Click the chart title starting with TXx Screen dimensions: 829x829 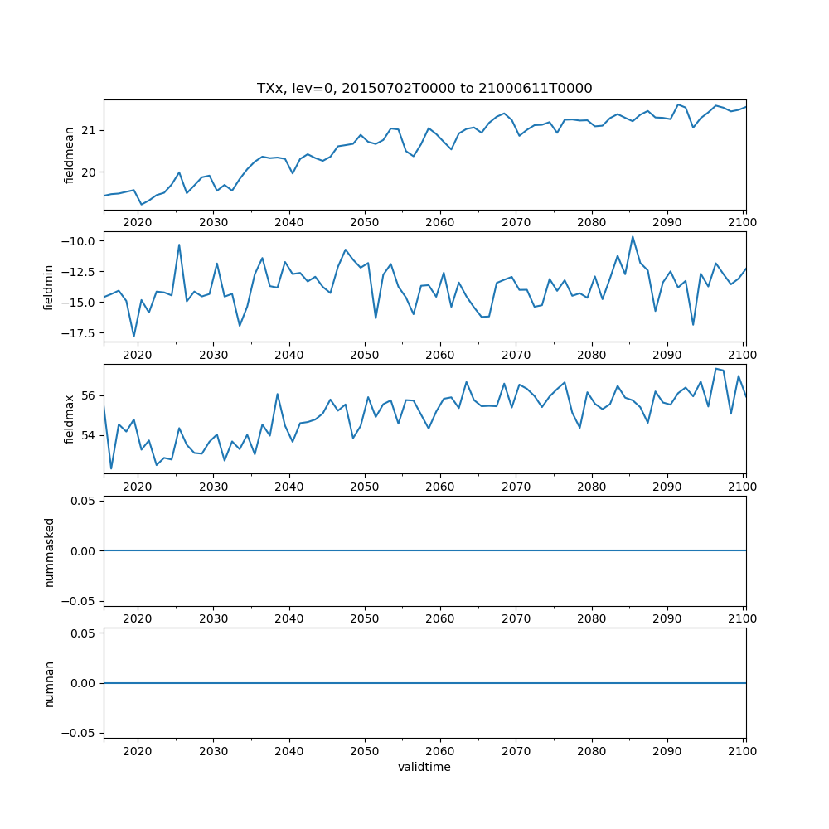[424, 89]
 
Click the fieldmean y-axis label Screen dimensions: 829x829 [70, 155]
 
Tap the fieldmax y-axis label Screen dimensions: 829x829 [70, 419]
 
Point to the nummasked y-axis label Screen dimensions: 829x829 [50, 550]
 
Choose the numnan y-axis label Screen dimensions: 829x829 [50, 683]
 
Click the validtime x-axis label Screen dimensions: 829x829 [424, 768]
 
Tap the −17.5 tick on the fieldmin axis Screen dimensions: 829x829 [80, 333]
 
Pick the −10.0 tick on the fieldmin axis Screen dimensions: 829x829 [80, 240]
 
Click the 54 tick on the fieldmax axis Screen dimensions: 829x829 [87, 435]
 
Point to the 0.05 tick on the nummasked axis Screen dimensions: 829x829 [83, 501]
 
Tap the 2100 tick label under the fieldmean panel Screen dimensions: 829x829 [743, 223]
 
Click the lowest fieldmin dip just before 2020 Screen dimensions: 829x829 [134, 337]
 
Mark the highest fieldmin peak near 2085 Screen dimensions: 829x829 [633, 236]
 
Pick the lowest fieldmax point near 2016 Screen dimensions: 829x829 [111, 469]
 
